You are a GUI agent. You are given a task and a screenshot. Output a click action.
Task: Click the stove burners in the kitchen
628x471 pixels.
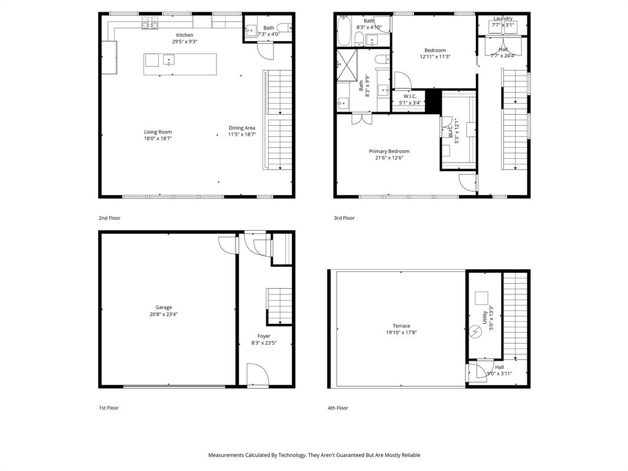(150, 23)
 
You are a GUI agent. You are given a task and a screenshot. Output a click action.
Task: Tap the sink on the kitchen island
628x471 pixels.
(169, 59)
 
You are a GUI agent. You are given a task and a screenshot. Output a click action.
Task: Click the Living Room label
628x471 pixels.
(158, 132)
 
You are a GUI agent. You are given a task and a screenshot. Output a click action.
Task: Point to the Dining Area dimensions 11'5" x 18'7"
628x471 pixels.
(242, 135)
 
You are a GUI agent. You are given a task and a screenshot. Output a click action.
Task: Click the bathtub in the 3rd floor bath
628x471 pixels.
(343, 31)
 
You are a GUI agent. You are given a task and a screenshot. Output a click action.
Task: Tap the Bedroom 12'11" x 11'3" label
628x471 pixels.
(435, 53)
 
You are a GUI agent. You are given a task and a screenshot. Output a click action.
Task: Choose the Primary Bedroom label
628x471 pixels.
(389, 151)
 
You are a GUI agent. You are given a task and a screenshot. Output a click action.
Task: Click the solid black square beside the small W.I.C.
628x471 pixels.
(433, 102)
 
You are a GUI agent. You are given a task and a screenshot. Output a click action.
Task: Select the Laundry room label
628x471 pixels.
(503, 18)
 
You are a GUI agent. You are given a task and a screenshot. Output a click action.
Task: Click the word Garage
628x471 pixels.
(164, 307)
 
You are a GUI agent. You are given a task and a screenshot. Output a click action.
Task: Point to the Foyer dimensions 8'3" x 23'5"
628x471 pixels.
(264, 343)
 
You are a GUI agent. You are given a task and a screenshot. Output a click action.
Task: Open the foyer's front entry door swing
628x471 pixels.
(256, 375)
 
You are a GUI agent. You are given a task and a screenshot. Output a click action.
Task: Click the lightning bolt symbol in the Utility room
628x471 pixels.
(475, 332)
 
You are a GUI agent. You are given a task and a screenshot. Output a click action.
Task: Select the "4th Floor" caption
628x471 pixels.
(338, 408)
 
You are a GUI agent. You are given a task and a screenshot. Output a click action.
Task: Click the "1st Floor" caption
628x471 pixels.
(109, 408)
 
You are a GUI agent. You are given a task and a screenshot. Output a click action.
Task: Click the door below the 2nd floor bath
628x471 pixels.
(264, 50)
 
